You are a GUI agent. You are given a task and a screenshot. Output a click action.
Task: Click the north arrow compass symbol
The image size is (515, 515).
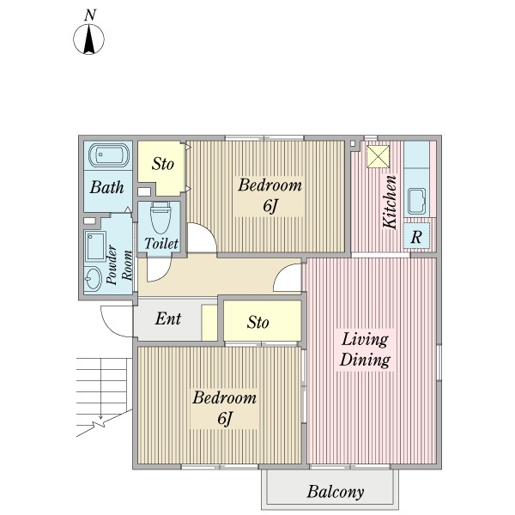[x=88, y=39]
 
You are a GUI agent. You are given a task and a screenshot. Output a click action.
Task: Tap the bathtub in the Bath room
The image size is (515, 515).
[x=108, y=155]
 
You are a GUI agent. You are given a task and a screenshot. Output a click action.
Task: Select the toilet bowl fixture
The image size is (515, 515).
[x=161, y=218]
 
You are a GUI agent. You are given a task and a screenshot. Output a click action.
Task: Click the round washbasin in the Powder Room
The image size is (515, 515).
[x=93, y=278]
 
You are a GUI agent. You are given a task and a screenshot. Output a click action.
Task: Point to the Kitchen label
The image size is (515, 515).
[x=390, y=202]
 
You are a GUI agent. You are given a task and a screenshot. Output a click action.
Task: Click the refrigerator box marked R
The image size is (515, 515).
[x=416, y=236]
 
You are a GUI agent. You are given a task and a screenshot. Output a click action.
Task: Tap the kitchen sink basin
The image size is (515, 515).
[x=417, y=201]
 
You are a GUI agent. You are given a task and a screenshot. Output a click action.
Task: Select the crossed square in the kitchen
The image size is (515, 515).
[x=378, y=157]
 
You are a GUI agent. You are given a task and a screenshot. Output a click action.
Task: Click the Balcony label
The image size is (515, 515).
[x=336, y=492]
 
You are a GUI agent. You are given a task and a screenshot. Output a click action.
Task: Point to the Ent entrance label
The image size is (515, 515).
[x=168, y=318]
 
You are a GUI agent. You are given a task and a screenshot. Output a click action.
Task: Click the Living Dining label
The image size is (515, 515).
[x=365, y=349]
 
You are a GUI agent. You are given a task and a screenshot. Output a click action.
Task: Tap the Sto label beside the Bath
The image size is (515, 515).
[x=162, y=163]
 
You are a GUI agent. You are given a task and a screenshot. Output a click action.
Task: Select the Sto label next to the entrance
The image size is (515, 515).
[x=257, y=322]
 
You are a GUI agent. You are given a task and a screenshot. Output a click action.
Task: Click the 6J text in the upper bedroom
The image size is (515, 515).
[x=270, y=206]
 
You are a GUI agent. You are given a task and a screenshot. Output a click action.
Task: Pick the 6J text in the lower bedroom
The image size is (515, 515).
[x=225, y=418]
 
